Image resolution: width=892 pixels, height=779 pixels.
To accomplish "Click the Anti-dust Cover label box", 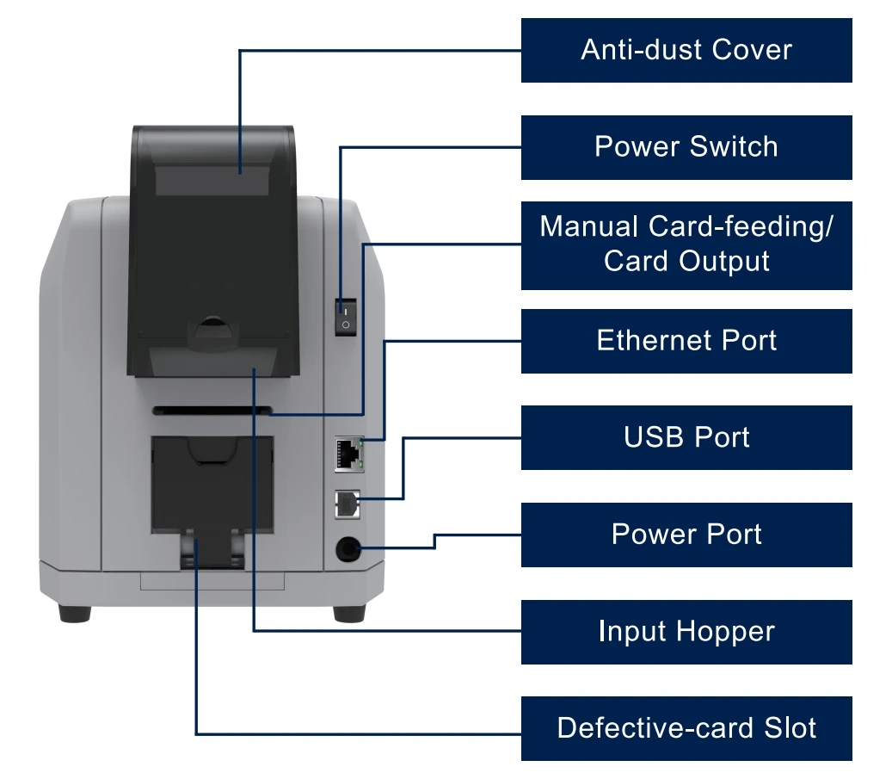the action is (686, 50).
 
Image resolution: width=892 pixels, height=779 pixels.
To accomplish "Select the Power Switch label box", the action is (686, 147).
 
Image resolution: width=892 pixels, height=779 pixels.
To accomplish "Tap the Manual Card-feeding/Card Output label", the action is (686, 245).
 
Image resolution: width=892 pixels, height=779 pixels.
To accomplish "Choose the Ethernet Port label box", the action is (686, 341).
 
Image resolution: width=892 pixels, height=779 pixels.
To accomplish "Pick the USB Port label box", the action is (686, 437).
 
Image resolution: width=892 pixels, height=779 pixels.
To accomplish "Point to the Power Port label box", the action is (686, 535).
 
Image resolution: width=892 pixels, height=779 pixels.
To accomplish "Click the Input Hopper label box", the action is (686, 632).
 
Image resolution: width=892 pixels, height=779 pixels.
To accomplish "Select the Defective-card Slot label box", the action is (686, 728).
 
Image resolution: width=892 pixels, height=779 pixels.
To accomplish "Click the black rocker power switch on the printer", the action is (345, 317).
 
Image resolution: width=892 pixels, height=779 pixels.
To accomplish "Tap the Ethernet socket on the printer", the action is (348, 454).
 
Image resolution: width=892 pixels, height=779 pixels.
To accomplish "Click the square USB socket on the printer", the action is (347, 504).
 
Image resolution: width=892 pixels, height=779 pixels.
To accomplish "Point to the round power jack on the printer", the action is (348, 549).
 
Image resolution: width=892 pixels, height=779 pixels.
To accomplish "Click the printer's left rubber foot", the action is (75, 614).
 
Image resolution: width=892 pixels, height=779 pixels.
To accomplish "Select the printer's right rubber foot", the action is (349, 614).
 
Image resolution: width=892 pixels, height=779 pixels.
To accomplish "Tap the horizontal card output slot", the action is (212, 411).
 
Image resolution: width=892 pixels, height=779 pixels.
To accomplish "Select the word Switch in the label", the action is (734, 147).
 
